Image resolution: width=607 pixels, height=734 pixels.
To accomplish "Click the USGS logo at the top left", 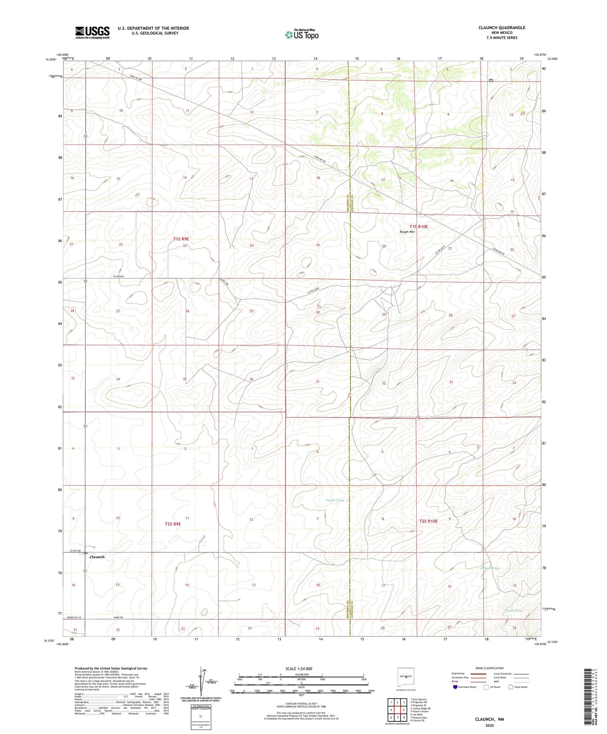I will [x=92, y=32].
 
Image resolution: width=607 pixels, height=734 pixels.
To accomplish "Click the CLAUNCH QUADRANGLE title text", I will [x=502, y=28].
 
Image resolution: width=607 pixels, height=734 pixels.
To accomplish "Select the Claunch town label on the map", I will [x=97, y=557].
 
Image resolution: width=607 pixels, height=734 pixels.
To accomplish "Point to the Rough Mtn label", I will [x=407, y=232].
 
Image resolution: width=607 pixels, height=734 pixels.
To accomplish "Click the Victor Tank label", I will [x=335, y=500].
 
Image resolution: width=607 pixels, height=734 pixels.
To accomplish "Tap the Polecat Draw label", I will [x=490, y=568].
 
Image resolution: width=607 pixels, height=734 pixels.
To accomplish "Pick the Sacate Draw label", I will [x=514, y=610].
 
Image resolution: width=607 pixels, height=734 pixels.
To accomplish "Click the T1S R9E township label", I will [x=181, y=239].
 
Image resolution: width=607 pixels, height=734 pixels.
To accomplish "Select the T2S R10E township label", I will [x=428, y=521].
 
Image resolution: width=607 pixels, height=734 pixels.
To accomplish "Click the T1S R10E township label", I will [x=418, y=227].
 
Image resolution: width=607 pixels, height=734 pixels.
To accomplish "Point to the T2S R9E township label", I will [x=173, y=524].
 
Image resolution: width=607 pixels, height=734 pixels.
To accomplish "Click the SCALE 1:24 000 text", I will [x=299, y=668].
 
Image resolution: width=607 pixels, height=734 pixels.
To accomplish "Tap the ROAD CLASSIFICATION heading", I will [x=489, y=668].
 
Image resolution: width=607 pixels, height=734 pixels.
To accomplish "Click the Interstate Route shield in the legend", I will [x=456, y=687].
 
